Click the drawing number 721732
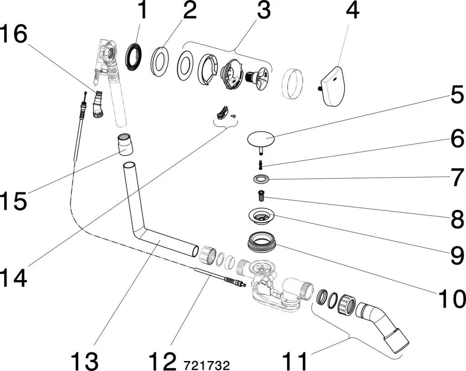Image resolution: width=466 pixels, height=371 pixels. click(x=207, y=364)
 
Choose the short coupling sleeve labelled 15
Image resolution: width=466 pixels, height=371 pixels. click(x=125, y=144)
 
